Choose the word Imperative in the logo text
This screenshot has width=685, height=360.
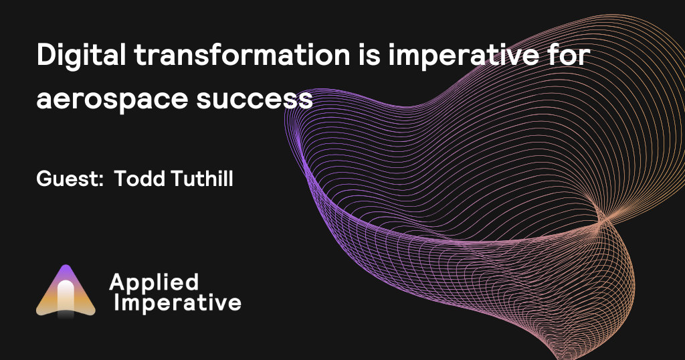177,302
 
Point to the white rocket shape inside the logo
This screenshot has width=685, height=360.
66,297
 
